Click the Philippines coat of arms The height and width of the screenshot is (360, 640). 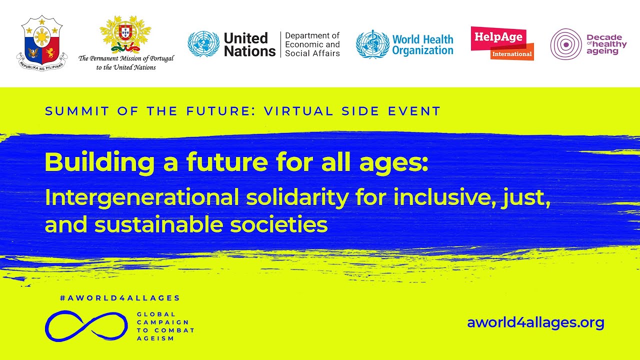42,43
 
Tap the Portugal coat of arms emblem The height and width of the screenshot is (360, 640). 125,34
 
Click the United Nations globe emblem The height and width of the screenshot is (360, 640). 203,44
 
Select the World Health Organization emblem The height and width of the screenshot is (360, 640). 372,44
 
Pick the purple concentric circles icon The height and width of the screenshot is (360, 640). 566,44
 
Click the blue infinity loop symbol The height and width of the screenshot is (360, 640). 86,326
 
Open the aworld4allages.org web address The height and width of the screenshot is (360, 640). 535,323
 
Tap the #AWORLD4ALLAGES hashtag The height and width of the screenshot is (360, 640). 120,298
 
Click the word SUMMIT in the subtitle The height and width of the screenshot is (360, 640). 77,111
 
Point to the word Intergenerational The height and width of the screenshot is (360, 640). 142,197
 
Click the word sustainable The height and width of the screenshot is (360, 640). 158,224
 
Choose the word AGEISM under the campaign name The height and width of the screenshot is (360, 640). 155,338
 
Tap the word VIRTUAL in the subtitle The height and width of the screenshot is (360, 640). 298,111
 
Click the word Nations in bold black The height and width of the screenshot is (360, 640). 249,51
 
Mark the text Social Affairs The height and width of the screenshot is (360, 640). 312,53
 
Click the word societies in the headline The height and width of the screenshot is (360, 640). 279,224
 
